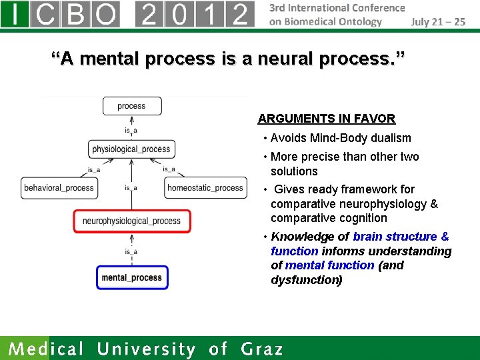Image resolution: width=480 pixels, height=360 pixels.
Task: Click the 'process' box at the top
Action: click(131, 106)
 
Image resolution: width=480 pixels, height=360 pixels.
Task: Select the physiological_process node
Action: click(131, 149)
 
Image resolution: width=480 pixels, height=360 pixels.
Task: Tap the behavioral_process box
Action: click(59, 188)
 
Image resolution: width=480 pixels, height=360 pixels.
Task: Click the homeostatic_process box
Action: click(205, 188)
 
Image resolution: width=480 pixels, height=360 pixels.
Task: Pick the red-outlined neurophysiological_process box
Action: click(131, 221)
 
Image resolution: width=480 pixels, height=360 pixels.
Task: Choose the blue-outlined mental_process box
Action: click(131, 277)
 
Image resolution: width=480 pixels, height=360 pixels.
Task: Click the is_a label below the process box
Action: click(131, 130)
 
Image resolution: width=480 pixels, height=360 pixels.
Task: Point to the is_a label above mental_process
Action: click(131, 251)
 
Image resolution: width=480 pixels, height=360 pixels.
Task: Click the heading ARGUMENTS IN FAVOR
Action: click(326, 119)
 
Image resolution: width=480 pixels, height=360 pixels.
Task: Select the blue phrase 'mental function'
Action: click(329, 265)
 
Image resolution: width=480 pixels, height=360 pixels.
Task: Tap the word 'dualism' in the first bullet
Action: click(391, 138)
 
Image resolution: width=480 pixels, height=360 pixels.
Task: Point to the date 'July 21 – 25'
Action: click(438, 21)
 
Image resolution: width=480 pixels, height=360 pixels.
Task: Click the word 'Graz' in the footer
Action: click(261, 349)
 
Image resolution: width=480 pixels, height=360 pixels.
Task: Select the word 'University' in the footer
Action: click(147, 349)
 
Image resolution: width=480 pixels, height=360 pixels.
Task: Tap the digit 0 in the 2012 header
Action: click(180, 13)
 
